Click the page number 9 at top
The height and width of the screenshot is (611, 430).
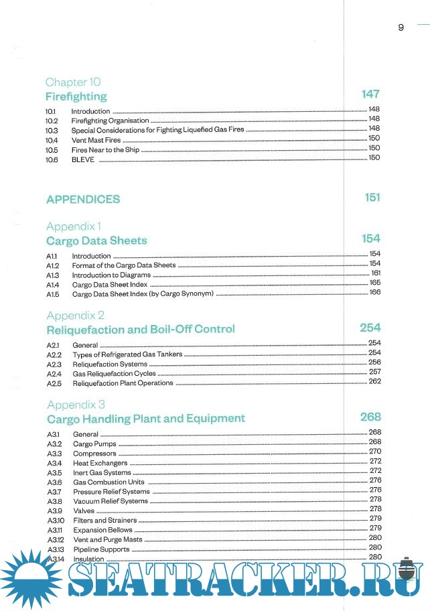click(401, 27)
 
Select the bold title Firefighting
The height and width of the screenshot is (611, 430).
click(76, 96)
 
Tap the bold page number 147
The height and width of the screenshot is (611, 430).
click(370, 94)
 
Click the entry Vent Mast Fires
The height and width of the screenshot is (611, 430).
click(96, 141)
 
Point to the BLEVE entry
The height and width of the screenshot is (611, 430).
click(83, 159)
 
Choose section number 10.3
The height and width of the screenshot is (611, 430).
click(52, 130)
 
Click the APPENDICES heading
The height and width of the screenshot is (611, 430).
click(83, 199)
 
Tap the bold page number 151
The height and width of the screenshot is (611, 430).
click(372, 197)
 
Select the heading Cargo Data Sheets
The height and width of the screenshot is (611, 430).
click(96, 241)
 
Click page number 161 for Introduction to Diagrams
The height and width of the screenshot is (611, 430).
click(375, 273)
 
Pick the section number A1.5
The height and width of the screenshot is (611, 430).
click(53, 294)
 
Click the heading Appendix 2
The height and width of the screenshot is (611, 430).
click(76, 315)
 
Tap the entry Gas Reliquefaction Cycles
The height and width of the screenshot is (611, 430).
click(115, 374)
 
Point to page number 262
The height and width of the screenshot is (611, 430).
click(374, 381)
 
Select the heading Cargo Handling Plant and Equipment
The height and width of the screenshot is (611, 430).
click(146, 419)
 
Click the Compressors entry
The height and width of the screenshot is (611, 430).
click(94, 454)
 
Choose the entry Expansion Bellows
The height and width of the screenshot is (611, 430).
click(102, 530)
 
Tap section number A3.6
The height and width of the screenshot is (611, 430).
click(54, 482)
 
